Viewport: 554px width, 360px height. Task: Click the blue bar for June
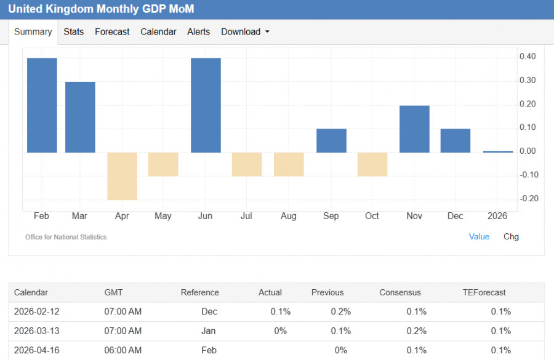click(206, 105)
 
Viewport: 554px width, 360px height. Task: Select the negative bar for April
click(122, 176)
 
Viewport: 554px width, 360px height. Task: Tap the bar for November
click(414, 129)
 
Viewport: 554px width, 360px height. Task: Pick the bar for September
click(331, 141)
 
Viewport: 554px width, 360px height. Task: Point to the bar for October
click(372, 164)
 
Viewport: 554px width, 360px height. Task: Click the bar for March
click(80, 117)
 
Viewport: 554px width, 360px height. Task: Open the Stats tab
click(74, 32)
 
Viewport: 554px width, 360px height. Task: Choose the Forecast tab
click(112, 32)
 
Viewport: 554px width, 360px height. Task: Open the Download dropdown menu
click(245, 32)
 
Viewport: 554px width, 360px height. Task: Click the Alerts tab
click(198, 32)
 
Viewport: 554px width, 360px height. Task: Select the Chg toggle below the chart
click(511, 236)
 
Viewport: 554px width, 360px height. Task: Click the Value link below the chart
click(479, 236)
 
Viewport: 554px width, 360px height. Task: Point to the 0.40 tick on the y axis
click(527, 57)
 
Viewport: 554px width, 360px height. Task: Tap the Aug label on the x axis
click(288, 216)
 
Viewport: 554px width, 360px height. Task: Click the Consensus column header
click(400, 292)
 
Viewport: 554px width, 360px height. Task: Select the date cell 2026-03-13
click(37, 330)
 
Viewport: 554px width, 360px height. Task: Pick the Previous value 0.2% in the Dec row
click(340, 311)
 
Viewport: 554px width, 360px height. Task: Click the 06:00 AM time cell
click(123, 350)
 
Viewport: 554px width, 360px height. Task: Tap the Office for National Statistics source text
click(66, 237)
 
